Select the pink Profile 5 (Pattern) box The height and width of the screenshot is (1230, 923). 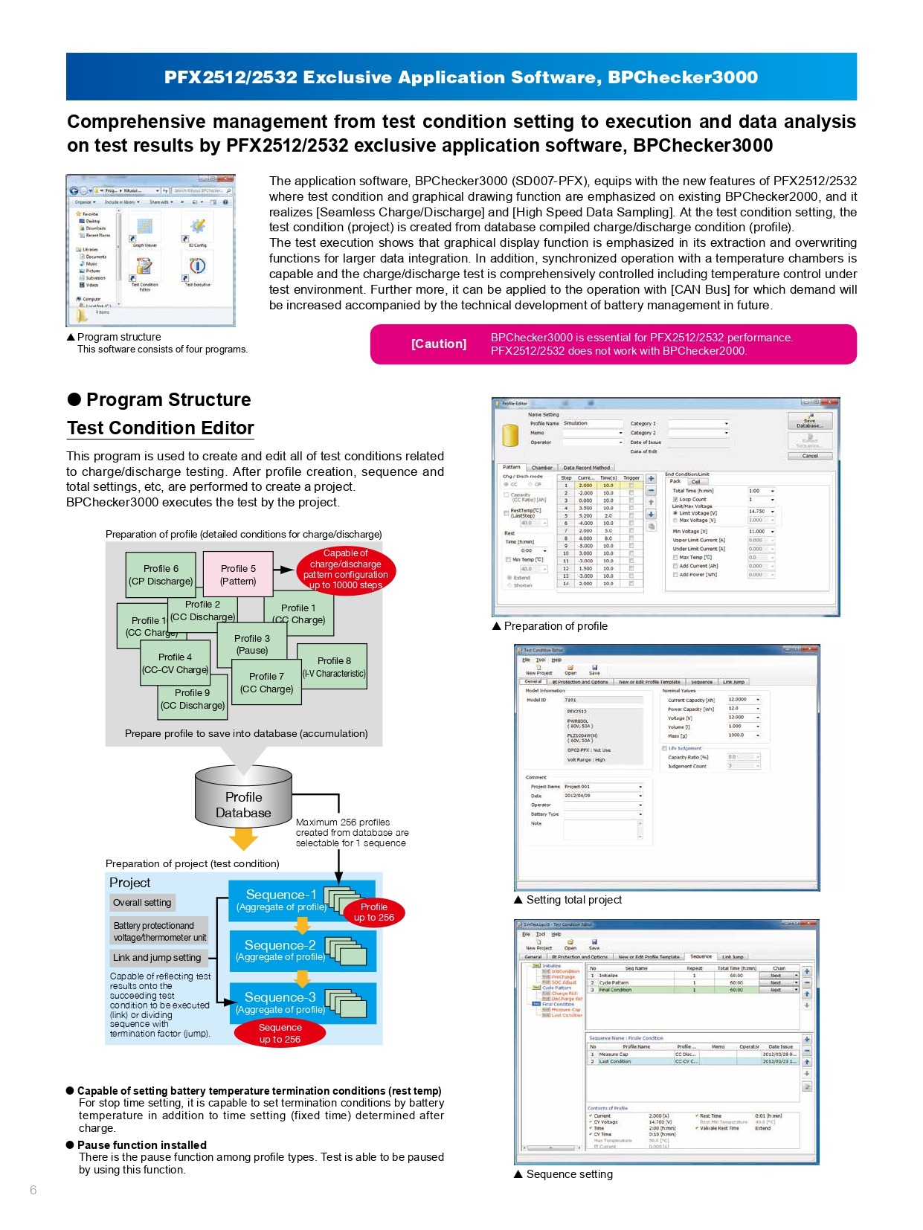pyautogui.click(x=237, y=574)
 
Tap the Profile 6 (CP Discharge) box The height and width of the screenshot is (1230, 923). pyautogui.click(x=161, y=574)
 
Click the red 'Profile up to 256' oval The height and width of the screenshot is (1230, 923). pyautogui.click(x=374, y=912)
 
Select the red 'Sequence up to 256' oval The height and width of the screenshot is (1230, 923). pyautogui.click(x=280, y=1033)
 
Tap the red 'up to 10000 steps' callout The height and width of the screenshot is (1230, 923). pyautogui.click(x=346, y=569)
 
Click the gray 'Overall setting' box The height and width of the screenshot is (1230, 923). pyautogui.click(x=143, y=902)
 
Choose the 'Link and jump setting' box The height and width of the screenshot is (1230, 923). pyautogui.click(x=158, y=957)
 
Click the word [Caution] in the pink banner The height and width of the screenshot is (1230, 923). pyautogui.click(x=439, y=344)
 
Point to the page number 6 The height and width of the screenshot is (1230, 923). pyautogui.click(x=33, y=1190)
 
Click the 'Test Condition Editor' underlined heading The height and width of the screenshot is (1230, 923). pyautogui.click(x=161, y=428)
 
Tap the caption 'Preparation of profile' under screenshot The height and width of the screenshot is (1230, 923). pyautogui.click(x=555, y=626)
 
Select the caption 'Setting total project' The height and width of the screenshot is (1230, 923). pyautogui.click(x=573, y=900)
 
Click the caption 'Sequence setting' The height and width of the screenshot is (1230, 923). pyautogui.click(x=569, y=1174)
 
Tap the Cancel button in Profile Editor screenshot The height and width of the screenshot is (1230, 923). pyautogui.click(x=809, y=456)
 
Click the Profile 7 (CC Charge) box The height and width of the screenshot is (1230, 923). pyautogui.click(x=266, y=682)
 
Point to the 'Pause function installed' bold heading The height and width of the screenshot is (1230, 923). pyautogui.click(x=142, y=1145)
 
